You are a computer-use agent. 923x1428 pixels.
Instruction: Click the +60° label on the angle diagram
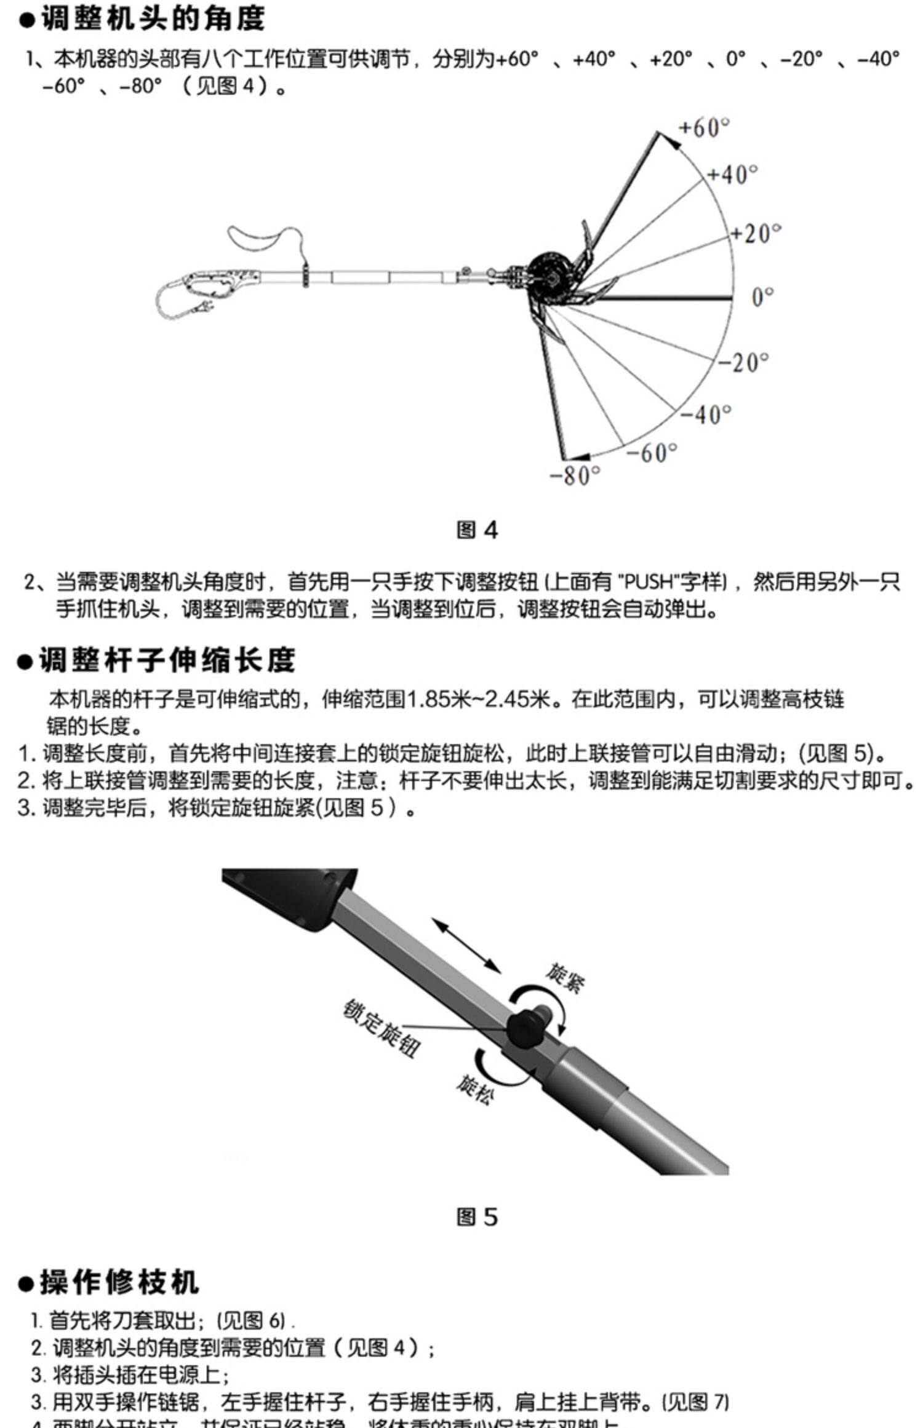703,128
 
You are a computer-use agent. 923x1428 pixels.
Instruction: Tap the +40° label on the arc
732,175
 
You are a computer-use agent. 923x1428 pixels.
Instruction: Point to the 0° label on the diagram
762,298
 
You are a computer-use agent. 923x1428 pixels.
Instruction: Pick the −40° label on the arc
706,414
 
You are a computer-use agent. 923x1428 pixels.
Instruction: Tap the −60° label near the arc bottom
652,453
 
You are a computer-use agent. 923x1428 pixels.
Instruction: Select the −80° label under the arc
574,475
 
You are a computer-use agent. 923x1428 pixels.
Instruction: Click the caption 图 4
477,530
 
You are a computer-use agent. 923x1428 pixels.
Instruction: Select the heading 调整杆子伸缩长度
167,660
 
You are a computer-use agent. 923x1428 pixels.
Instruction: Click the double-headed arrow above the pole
466,945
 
